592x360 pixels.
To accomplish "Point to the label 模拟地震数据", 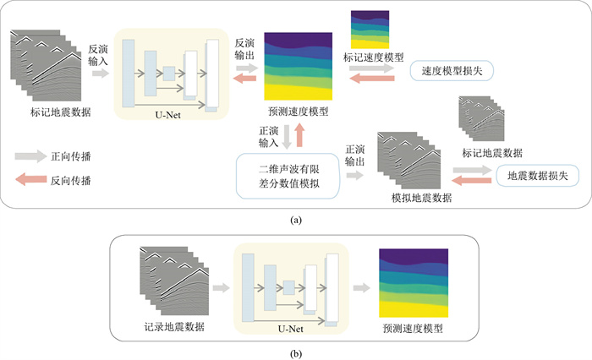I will tap(421, 197).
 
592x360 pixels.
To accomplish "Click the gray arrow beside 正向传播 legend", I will tap(31, 157).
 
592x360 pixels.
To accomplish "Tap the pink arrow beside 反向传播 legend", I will tap(31, 180).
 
